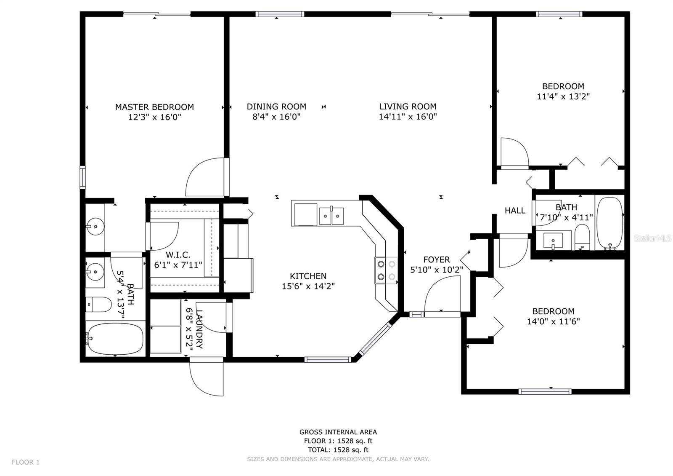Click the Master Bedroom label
154,107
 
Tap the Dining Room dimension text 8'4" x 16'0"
276,117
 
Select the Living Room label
408,107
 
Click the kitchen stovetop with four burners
387,270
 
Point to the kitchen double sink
331,215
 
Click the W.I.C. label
178,255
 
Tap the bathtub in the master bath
115,339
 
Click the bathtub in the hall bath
610,223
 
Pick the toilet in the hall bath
582,237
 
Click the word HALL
515,211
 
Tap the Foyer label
437,259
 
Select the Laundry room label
199,329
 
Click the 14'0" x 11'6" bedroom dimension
554,322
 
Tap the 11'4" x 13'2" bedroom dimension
563,96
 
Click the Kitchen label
308,276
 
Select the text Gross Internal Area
338,432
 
